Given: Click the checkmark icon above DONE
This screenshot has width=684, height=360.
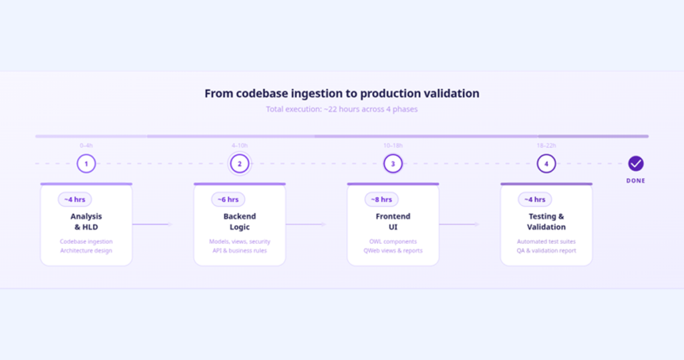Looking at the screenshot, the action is tap(636, 164).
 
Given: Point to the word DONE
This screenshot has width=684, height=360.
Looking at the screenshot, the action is tap(636, 180).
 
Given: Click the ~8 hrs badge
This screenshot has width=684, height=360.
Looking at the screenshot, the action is tap(381, 200).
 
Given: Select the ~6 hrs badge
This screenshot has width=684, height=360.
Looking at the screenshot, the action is tap(228, 200).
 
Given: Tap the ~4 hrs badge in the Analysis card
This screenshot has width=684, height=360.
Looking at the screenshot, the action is tap(75, 200).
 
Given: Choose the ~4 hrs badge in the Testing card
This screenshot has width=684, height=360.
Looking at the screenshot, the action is tap(535, 200).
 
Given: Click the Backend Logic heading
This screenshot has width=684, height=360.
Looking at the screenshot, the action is tap(240, 222).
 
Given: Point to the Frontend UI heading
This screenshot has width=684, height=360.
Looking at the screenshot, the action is tap(393, 222).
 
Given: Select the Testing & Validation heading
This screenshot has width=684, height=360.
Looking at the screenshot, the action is tap(546, 222).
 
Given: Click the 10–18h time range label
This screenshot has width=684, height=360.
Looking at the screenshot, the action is tap(393, 146).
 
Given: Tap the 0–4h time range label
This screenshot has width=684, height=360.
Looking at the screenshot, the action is tap(86, 146).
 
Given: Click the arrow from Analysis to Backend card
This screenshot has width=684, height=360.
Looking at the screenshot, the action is tap(153, 224).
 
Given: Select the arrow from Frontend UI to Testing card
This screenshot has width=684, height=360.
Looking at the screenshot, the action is tap(460, 224).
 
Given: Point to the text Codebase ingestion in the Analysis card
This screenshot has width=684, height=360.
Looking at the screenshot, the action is tap(86, 241).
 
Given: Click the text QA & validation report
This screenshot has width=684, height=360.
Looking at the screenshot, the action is tap(546, 250).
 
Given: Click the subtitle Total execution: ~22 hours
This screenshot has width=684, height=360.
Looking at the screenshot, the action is tap(305, 109).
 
